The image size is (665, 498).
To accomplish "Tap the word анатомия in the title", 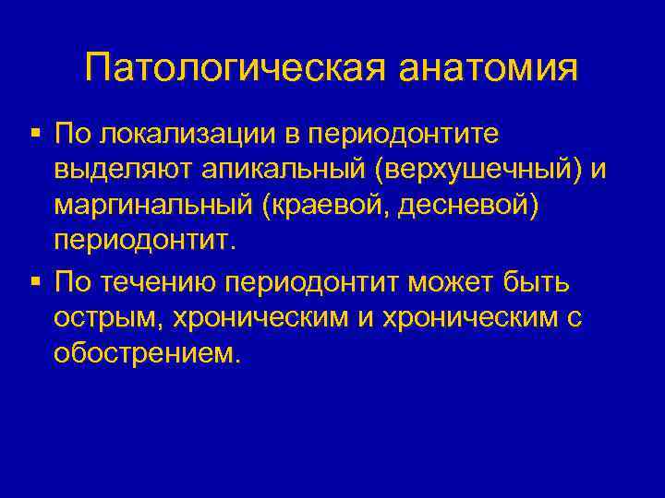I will [x=489, y=69].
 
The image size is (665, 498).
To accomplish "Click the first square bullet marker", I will [x=34, y=135].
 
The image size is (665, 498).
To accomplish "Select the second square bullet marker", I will [x=34, y=279].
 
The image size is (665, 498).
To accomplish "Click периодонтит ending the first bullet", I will [x=145, y=243].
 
